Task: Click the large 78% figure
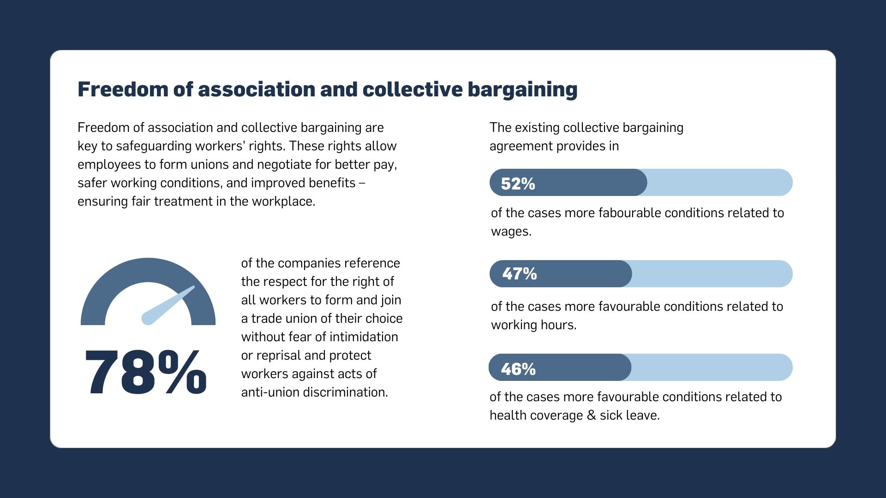145,373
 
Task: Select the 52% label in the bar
518,184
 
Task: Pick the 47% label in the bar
519,274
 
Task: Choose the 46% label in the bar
518,369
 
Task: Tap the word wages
511,231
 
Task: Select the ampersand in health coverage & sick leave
592,415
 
